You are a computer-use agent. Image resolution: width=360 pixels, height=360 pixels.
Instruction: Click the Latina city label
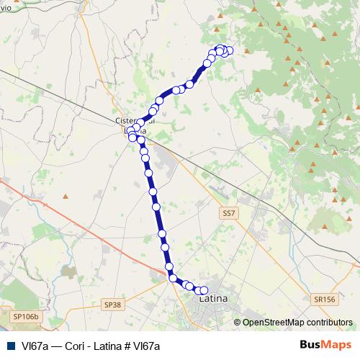click(213, 298)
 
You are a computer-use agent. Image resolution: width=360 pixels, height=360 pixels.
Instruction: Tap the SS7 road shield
click(229, 213)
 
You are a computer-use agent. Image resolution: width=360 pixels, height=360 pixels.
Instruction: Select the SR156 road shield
click(325, 299)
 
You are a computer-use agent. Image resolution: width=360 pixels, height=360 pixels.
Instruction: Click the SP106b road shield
click(28, 315)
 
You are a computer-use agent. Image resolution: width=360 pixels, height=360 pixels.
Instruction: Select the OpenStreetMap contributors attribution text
click(297, 323)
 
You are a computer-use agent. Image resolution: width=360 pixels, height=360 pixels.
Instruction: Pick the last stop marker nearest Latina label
click(204, 290)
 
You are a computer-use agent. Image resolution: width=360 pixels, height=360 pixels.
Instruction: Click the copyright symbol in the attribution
click(238, 323)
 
